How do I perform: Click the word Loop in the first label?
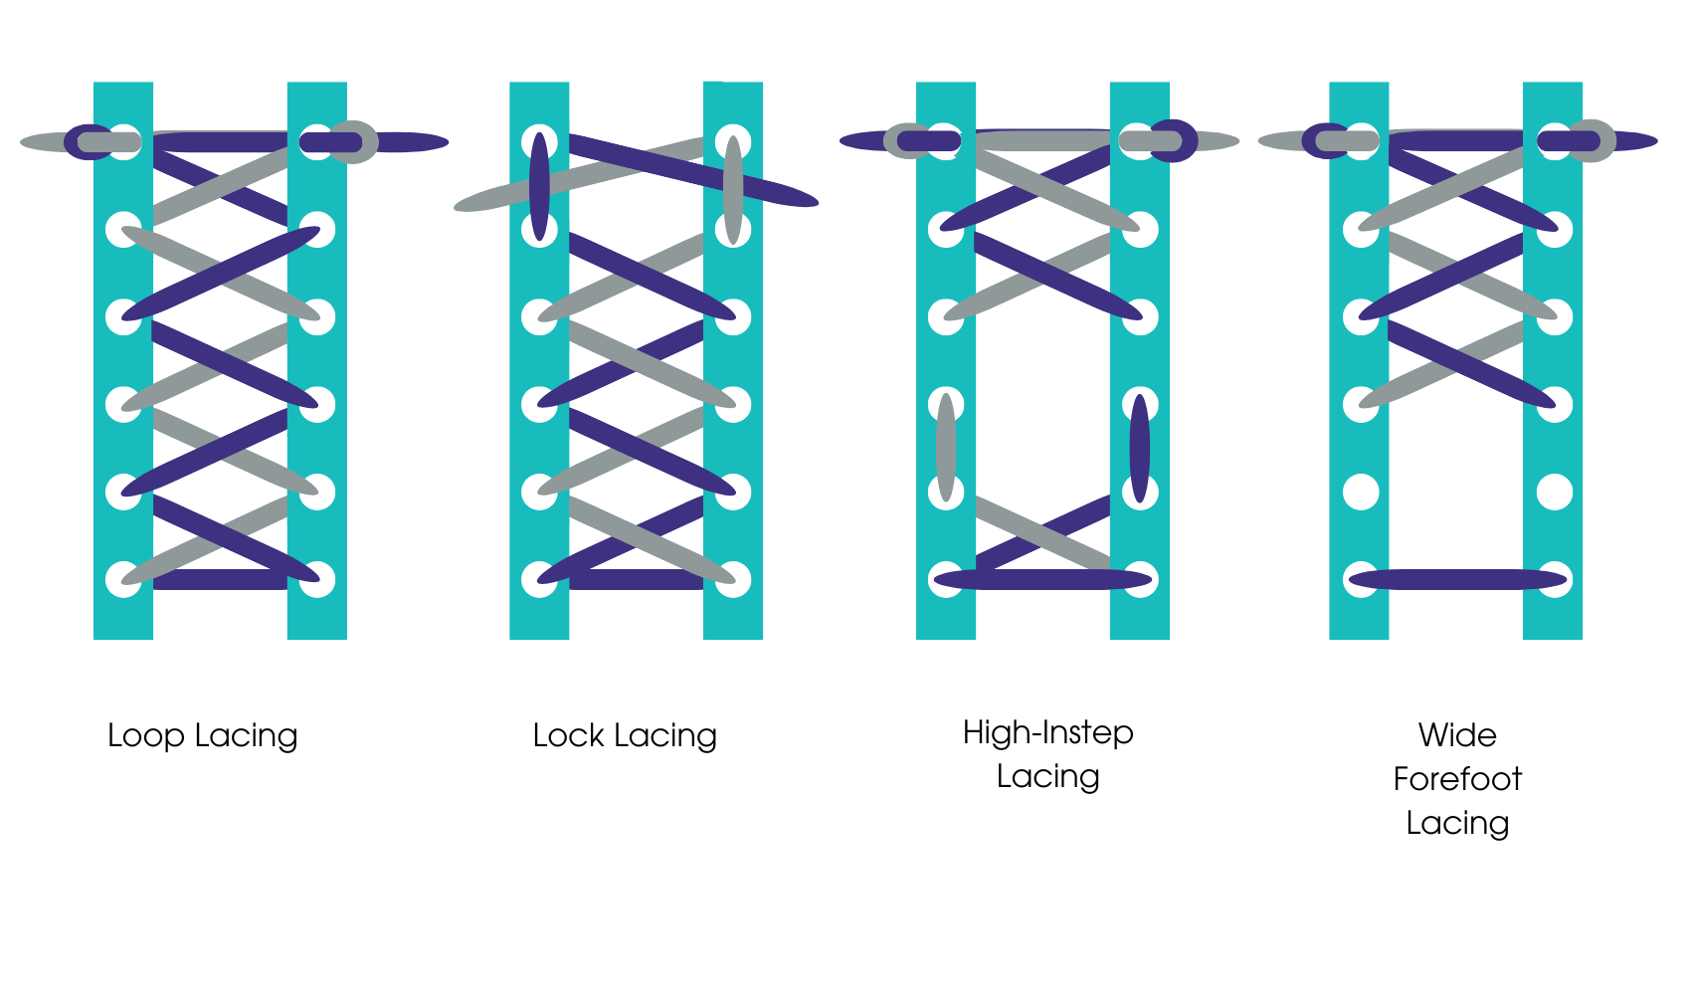(145, 736)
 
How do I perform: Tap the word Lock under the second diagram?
(568, 736)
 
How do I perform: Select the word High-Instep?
(1047, 733)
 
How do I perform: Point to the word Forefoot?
(1457, 779)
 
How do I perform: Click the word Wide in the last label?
(1457, 735)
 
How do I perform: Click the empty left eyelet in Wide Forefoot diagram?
(1361, 493)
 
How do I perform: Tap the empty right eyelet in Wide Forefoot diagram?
(1555, 493)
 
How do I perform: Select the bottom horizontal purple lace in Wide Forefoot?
(1457, 580)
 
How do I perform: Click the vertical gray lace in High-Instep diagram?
(946, 448)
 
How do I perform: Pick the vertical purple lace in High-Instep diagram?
(1140, 448)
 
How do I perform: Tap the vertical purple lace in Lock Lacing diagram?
(539, 186)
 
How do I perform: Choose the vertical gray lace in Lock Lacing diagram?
(733, 189)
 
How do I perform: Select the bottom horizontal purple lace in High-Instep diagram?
(1042, 580)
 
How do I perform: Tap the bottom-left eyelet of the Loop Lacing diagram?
(123, 580)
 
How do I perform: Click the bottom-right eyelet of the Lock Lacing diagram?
(733, 580)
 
